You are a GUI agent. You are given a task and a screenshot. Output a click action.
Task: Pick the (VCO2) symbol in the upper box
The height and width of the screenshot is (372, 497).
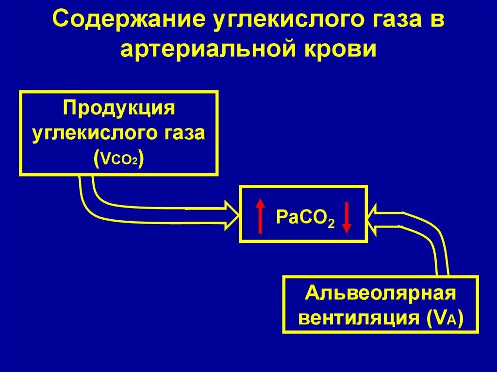click(119, 158)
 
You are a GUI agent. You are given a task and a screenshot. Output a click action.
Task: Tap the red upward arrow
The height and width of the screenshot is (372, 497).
click(261, 215)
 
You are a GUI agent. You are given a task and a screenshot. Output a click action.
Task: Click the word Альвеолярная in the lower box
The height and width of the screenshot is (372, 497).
click(381, 293)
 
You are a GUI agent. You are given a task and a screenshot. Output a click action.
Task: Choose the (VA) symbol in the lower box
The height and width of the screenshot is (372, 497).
click(445, 319)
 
